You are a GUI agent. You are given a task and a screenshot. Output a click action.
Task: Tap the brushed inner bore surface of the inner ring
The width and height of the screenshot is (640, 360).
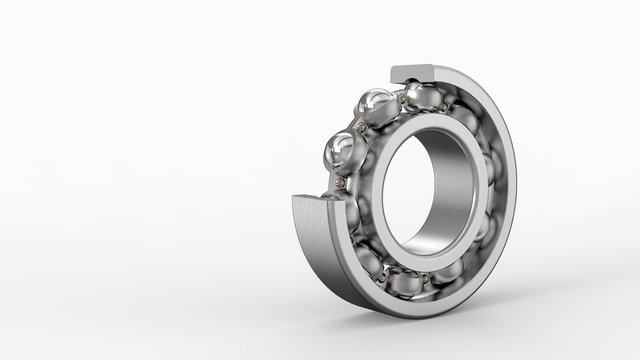tap(455, 200)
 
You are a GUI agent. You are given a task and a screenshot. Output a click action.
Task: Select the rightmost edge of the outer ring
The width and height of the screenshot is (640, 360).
tap(518, 190)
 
